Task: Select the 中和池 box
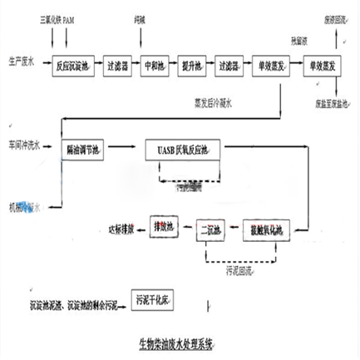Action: (x=157, y=63)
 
